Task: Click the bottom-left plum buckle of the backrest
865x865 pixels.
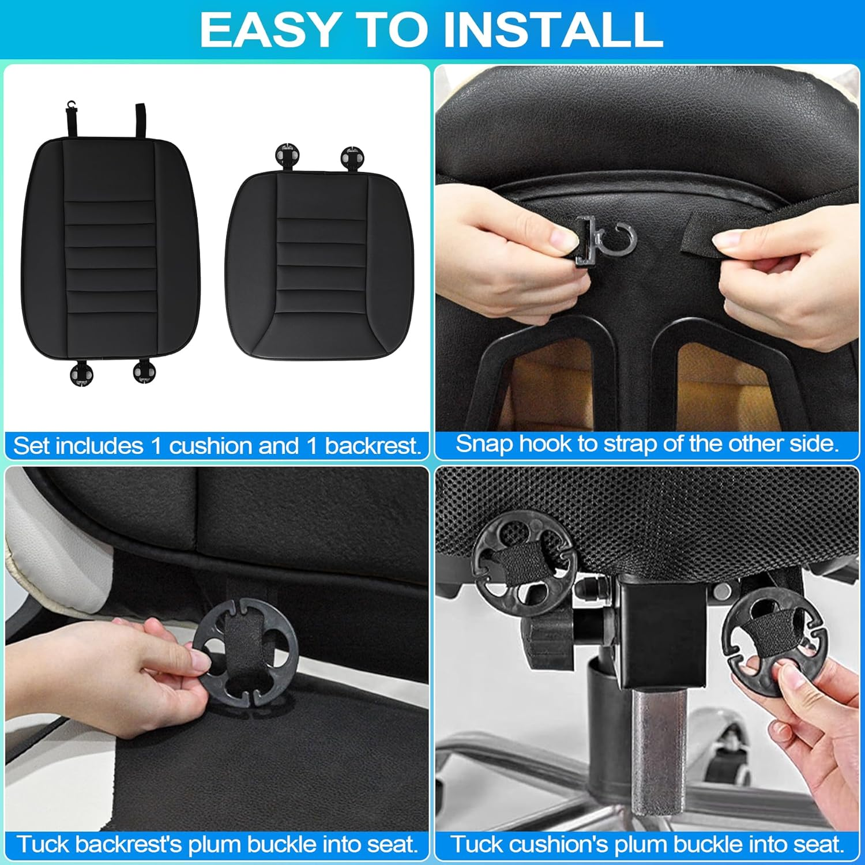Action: click(82, 373)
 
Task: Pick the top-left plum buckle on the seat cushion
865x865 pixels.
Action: click(288, 156)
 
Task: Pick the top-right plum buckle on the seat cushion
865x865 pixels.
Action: click(352, 157)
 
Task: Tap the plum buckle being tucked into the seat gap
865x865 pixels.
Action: click(245, 652)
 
